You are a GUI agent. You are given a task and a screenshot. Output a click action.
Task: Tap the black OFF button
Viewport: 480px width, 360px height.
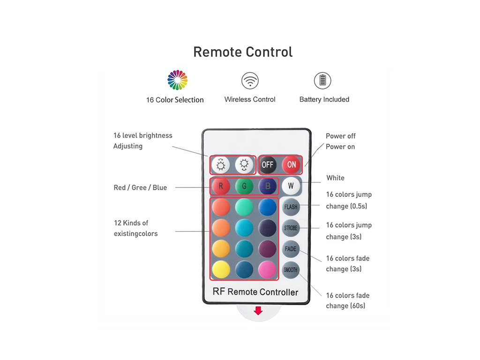(268, 165)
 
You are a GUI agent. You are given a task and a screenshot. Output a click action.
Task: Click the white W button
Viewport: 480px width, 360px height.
(291, 186)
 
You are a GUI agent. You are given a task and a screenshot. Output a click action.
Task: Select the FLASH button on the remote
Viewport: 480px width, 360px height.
(291, 207)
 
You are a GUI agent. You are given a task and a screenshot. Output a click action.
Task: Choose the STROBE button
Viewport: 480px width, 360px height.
(291, 228)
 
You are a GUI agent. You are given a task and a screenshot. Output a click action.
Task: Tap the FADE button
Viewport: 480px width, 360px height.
(291, 249)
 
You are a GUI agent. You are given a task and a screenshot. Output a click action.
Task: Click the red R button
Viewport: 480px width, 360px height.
(221, 186)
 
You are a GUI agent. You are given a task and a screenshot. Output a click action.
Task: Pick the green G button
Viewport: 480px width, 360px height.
(244, 186)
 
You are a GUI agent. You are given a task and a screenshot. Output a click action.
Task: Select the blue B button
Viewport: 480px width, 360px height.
(268, 186)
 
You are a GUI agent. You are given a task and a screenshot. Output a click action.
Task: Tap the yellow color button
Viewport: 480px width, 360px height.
(221, 270)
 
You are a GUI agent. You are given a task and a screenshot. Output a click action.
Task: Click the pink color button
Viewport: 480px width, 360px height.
(268, 270)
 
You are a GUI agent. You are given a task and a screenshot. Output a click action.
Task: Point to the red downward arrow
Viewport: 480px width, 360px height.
(258, 311)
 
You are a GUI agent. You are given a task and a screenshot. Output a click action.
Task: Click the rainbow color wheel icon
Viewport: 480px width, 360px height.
(178, 80)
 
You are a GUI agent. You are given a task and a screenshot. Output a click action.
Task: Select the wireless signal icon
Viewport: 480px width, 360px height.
(250, 81)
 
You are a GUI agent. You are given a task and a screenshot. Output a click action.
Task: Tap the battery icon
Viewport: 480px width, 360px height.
(322, 81)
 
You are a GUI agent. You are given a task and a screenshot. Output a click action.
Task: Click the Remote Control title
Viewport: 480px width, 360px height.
(243, 52)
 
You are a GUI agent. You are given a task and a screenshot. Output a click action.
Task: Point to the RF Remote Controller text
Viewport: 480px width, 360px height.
(255, 292)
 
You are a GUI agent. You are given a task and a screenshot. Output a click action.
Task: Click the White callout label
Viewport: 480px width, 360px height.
(336, 178)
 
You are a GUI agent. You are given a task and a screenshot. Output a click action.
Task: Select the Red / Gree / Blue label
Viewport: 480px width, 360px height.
(140, 187)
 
